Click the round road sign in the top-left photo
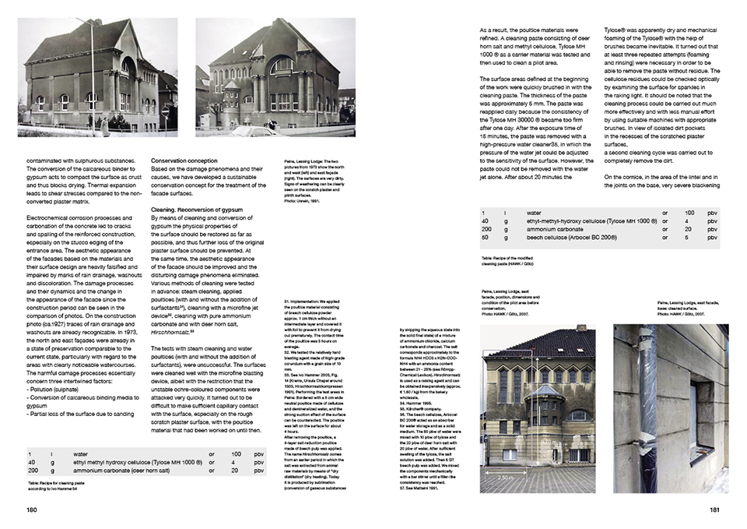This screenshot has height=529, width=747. click(163, 111)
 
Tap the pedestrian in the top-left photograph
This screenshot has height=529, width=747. click(104, 126)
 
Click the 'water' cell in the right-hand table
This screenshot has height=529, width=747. click(534, 212)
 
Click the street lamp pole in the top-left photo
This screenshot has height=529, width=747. click(99, 78)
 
